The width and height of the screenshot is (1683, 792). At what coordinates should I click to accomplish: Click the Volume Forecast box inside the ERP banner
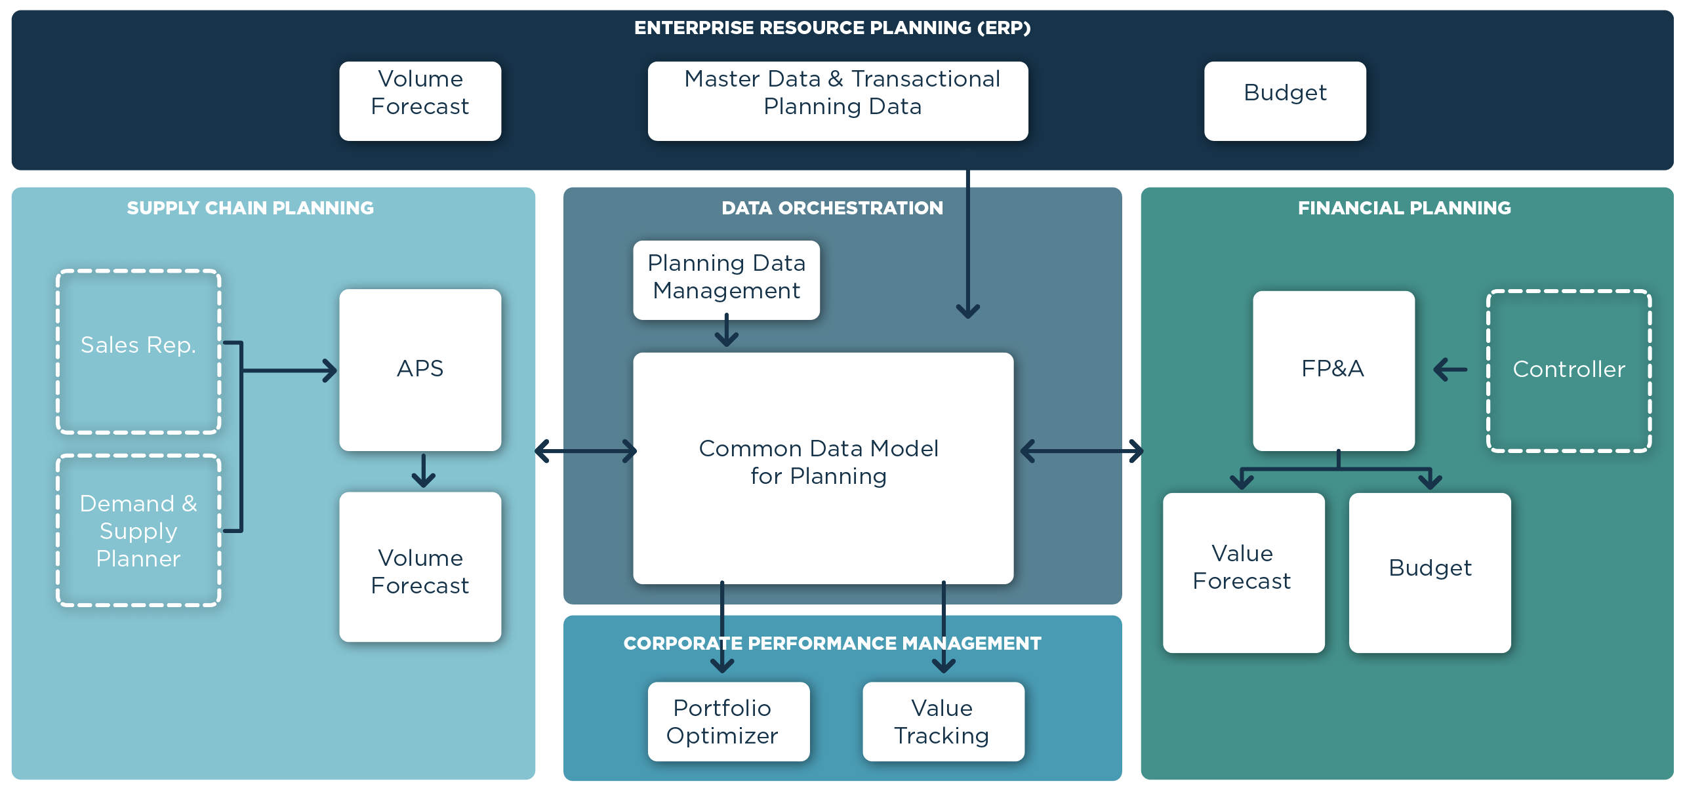420,100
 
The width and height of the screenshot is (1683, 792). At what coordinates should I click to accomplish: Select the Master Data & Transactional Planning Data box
838,100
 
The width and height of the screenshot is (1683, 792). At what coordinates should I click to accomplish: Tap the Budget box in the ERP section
1284,100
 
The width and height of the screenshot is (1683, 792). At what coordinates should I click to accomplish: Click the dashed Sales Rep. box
138,351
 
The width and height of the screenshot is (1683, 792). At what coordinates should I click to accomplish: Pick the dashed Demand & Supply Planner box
138,530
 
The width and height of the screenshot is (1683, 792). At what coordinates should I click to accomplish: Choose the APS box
420,369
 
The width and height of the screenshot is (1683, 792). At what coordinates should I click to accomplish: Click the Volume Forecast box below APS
420,566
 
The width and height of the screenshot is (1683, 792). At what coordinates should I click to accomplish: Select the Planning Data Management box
726,280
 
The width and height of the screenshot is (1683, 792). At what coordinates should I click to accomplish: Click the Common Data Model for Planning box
822,467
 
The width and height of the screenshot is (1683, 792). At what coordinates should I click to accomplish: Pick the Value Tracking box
943,721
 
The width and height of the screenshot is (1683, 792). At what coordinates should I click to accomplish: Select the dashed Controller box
1568,370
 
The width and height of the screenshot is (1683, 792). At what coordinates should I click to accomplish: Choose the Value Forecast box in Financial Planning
1243,572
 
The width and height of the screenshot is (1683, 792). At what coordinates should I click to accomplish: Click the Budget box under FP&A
1429,572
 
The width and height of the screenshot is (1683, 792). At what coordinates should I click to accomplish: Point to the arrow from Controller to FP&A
1450,369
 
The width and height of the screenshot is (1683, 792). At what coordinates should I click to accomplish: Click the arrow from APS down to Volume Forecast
423,471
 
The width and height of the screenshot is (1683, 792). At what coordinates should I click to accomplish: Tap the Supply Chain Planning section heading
250,208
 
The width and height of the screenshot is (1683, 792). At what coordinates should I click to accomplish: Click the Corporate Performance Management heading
832,643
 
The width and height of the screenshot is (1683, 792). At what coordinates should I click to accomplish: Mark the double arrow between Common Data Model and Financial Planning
1082,451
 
